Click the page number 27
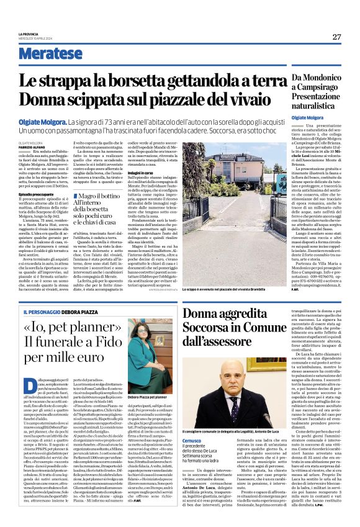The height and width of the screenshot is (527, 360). coord(336,37)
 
